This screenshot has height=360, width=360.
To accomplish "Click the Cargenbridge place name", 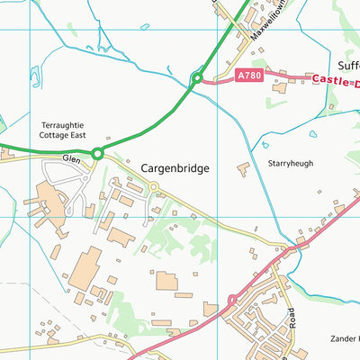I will (174, 168).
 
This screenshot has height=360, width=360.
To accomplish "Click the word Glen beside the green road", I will (72, 157).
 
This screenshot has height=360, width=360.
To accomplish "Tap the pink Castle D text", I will (335, 80).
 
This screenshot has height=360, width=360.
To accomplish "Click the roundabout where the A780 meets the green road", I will (196, 78).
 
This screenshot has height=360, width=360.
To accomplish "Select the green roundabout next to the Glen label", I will (97, 154).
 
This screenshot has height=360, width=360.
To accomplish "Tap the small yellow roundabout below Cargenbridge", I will (154, 186).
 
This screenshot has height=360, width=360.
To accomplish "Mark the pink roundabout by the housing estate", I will (231, 299).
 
